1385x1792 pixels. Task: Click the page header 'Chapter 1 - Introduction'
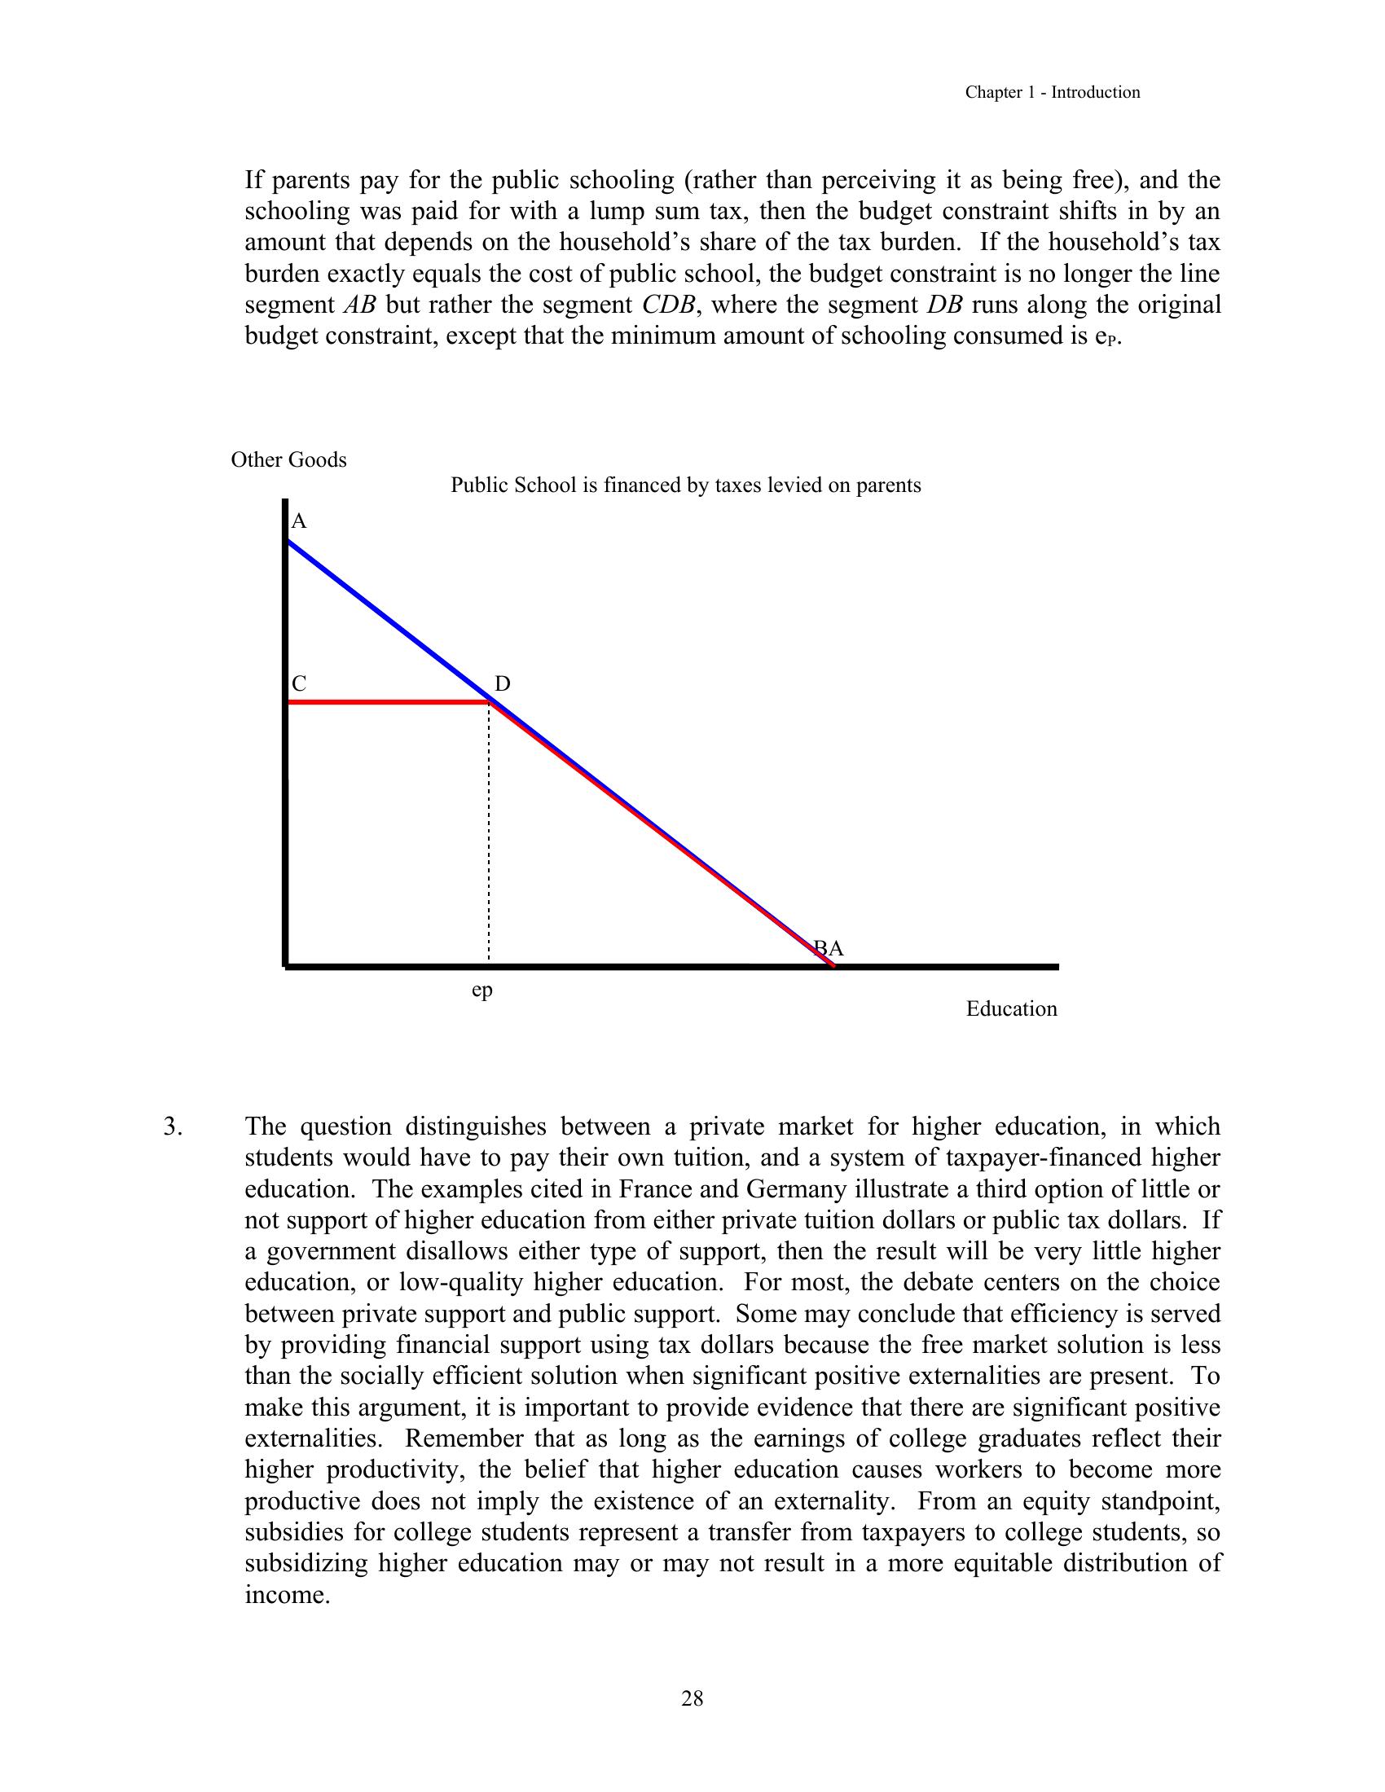tap(1052, 93)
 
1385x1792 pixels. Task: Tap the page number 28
tap(692, 1698)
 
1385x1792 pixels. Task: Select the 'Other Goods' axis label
tap(289, 460)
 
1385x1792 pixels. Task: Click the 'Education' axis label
tap(1011, 1009)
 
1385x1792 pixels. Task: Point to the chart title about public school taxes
tap(685, 485)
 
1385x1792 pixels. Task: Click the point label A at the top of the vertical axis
tap(299, 522)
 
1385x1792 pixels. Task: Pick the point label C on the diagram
tap(299, 684)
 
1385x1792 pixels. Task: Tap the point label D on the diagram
tap(502, 684)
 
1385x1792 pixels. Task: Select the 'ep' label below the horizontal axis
tap(482, 990)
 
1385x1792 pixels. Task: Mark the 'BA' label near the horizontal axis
tap(829, 949)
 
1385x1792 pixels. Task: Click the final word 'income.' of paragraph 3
tap(287, 1595)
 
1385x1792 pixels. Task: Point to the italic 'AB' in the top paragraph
tap(358, 305)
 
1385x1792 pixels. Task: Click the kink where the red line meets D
tap(490, 701)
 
